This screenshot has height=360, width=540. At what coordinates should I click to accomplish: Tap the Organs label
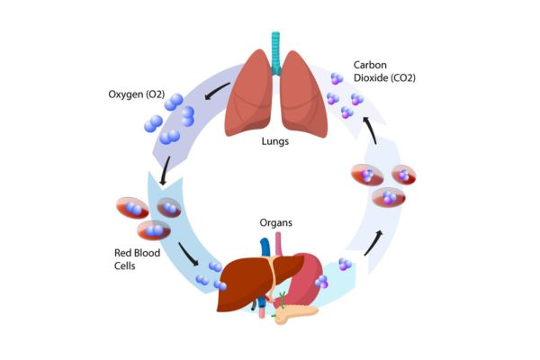[x=276, y=223]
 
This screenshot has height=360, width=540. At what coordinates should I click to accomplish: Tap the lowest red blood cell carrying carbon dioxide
[x=389, y=197]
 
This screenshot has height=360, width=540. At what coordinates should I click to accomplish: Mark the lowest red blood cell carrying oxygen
[x=154, y=231]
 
